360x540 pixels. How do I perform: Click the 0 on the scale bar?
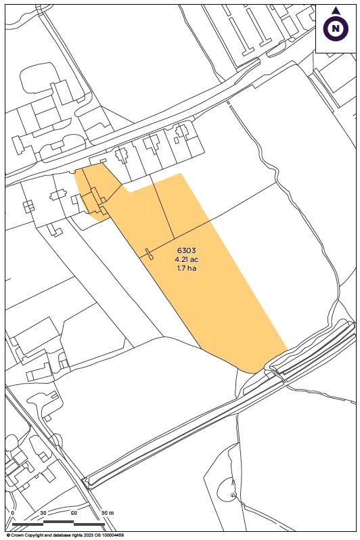(13, 514)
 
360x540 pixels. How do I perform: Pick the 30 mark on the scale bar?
(43, 514)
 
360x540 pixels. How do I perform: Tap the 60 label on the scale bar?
(73, 514)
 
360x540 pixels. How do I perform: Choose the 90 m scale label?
(106, 514)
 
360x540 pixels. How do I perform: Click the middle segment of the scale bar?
(58, 522)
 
